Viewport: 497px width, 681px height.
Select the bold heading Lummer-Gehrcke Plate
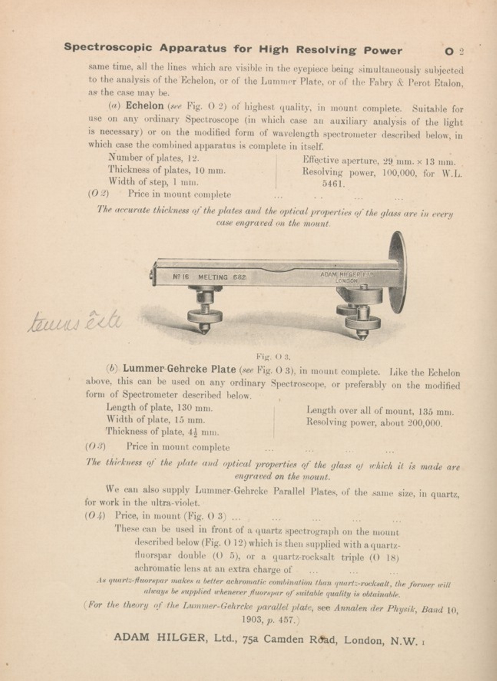tap(179, 369)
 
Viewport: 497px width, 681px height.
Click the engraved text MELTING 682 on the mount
tap(222, 277)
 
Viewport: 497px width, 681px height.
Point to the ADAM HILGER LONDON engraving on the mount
tap(346, 277)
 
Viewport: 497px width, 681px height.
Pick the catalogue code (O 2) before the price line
tap(98, 193)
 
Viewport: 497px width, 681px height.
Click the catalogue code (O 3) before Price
tap(95, 446)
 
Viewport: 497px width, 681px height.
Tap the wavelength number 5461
tap(333, 184)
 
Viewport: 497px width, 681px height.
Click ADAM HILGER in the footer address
tap(161, 637)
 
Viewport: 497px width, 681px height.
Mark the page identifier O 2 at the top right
tap(454, 51)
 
